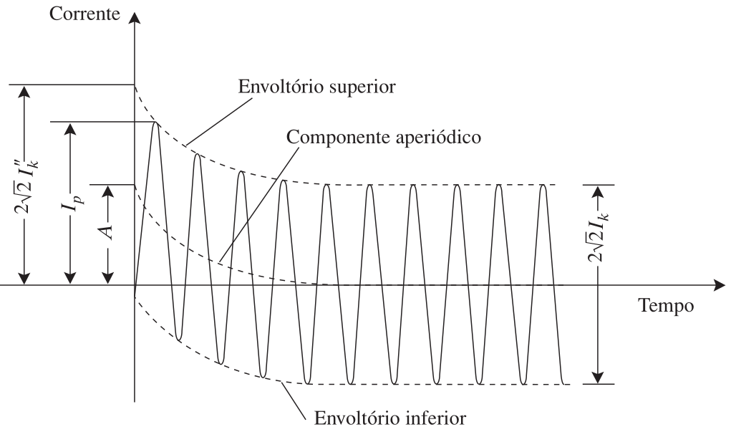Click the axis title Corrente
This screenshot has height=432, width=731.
coord(84,14)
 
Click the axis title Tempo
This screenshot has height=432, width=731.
coord(666,306)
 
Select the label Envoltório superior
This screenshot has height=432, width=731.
coord(316,87)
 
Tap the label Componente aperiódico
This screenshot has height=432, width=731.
coord(383,137)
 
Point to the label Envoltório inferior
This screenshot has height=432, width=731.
coord(389,418)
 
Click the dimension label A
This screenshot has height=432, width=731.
coord(107,231)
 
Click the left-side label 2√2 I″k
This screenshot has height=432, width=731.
coord(26,186)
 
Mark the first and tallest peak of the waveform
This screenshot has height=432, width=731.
coord(155,123)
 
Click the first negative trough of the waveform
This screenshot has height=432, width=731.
coord(178,339)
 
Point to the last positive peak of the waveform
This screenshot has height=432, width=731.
coord(543,186)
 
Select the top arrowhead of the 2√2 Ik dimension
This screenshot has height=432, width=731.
coord(598,191)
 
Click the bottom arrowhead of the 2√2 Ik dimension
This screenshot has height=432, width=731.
coord(598,378)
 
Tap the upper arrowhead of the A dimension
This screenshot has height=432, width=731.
coord(107,191)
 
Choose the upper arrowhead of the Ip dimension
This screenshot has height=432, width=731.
coord(70,129)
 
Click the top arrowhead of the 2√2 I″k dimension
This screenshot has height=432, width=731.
coord(24,92)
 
